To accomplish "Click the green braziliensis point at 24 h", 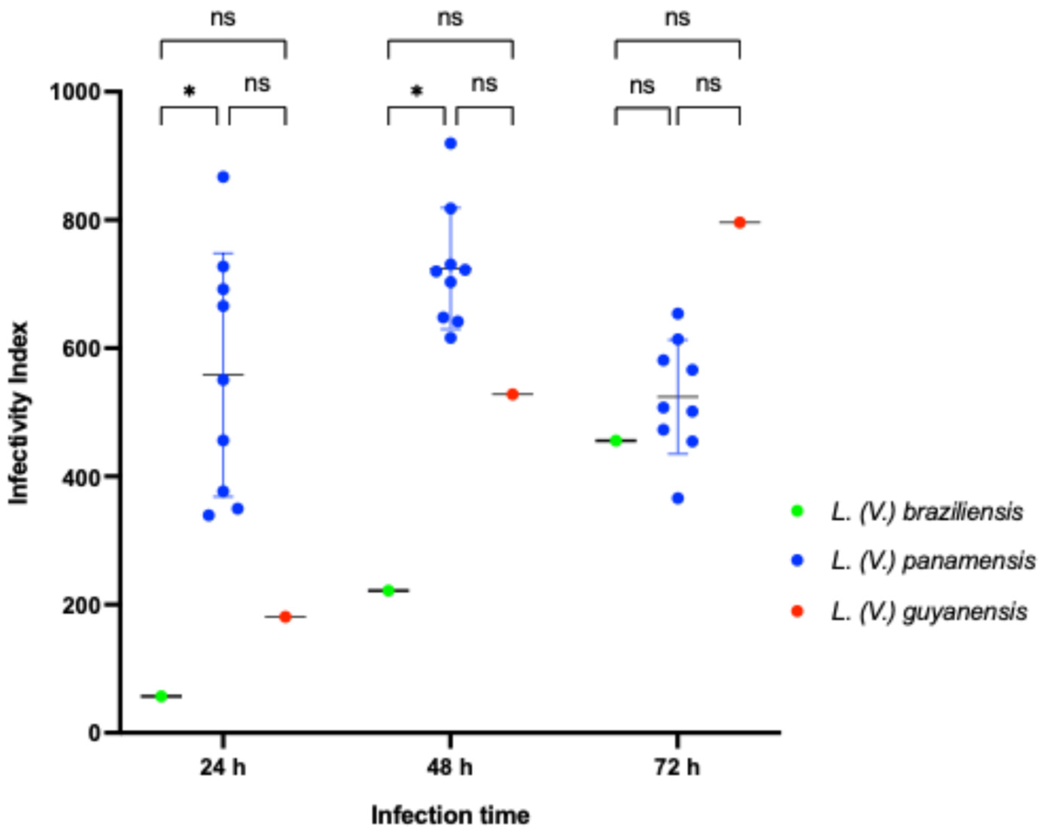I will click(161, 696).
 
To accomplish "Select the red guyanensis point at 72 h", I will click(739, 223).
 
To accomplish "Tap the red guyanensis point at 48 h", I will click(512, 394).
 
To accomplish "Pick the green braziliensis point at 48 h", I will click(388, 590).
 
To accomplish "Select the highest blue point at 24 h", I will click(223, 177).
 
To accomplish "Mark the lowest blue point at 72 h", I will click(678, 499).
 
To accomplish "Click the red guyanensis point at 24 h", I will click(285, 617).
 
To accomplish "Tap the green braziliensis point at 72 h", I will click(616, 441).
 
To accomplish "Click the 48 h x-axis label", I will click(449, 767).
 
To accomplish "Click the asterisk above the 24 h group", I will click(189, 91).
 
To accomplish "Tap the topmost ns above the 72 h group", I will click(677, 18).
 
